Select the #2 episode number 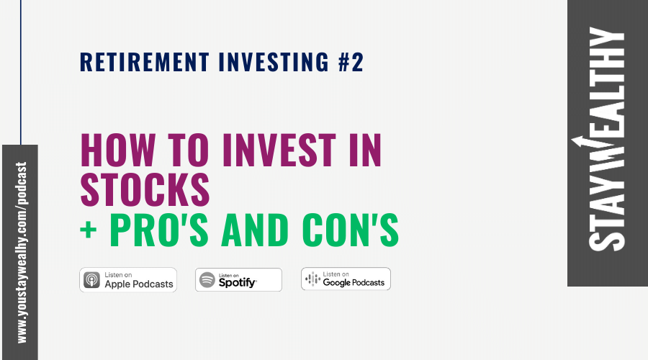tap(351, 63)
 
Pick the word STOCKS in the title tap(145, 189)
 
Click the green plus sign tap(89, 229)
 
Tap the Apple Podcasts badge tap(128, 279)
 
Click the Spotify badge tap(238, 279)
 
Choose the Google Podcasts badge tap(346, 279)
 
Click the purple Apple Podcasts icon tap(92, 279)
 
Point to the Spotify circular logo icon tap(207, 280)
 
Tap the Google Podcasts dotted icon tap(312, 279)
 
